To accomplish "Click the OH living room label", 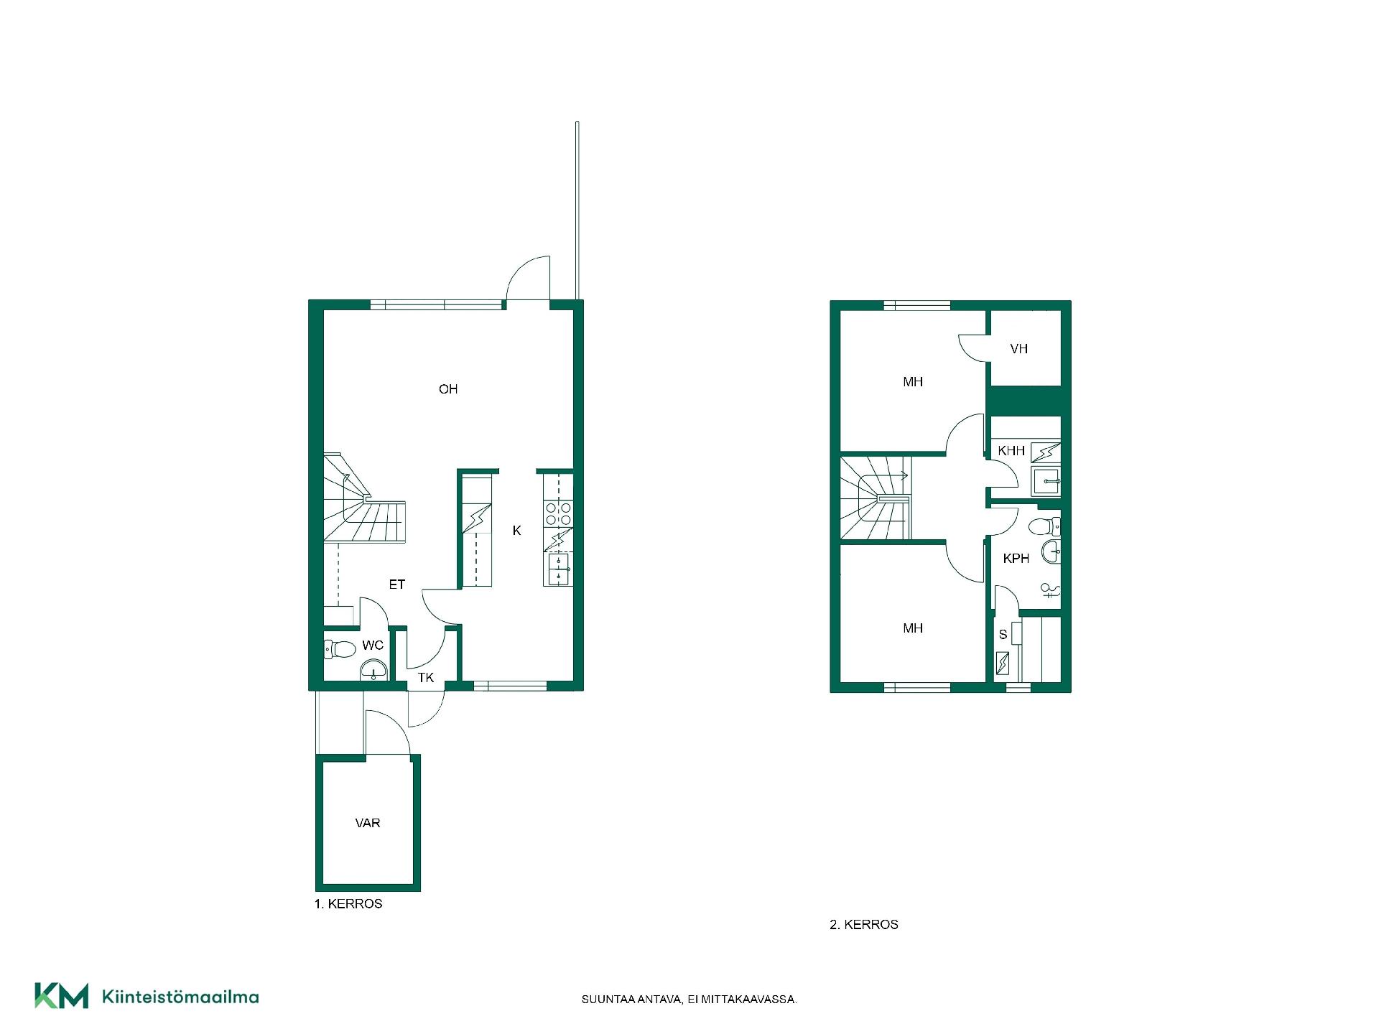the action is (x=448, y=389).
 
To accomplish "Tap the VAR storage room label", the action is (x=368, y=823).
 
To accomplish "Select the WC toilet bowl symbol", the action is (x=340, y=650).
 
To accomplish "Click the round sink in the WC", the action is (x=373, y=671).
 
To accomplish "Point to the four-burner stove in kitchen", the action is (x=559, y=513).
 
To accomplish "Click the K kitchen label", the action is (x=516, y=531).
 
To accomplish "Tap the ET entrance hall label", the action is (x=397, y=584).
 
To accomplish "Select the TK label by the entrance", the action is (x=426, y=677).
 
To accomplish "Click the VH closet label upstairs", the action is (x=1018, y=349).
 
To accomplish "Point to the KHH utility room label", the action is (x=1011, y=451).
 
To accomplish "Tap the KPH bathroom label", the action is (x=1016, y=559).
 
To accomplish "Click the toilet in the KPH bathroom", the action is (x=1044, y=526).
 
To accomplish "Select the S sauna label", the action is (x=1003, y=635).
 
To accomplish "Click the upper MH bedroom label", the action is (x=913, y=382).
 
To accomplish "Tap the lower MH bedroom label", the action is (x=913, y=628).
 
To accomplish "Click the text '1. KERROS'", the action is (x=348, y=904).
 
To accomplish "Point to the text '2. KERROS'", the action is (x=864, y=925).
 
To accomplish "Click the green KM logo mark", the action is (x=62, y=995).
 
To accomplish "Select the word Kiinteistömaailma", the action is (x=181, y=997).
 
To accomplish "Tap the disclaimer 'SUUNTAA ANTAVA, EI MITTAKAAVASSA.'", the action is (x=689, y=1000).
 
